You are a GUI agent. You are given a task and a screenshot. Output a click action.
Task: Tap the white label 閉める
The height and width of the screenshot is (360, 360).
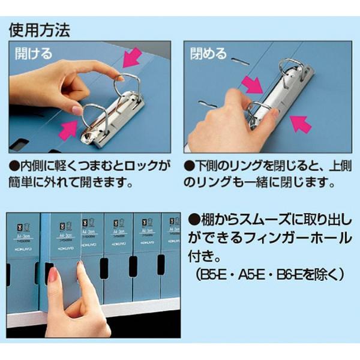pos(208,54)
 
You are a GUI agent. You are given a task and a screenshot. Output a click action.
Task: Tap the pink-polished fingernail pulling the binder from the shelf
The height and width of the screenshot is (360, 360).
pos(53,275)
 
